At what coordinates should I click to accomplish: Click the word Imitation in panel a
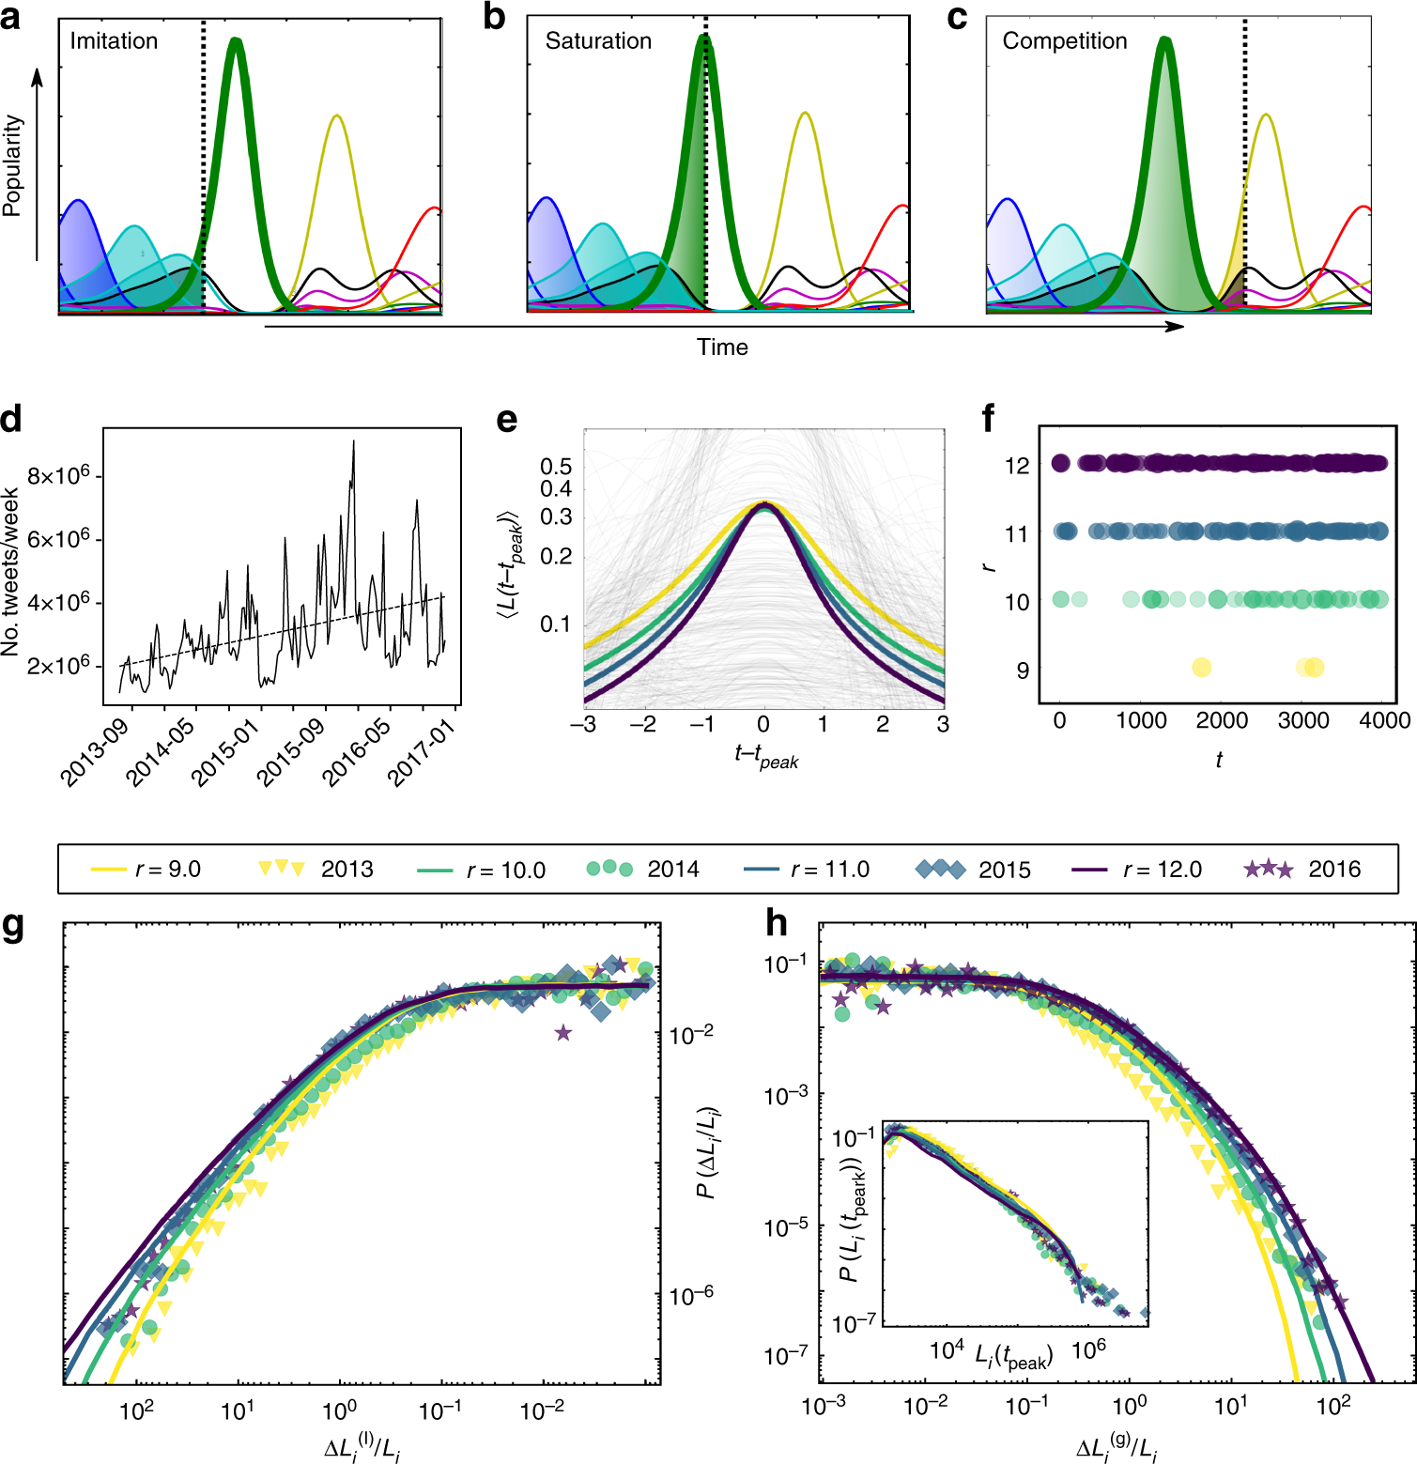pyautogui.click(x=114, y=41)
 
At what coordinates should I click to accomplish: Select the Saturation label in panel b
pyautogui.click(x=598, y=41)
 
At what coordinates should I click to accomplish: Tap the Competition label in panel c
pyautogui.click(x=1064, y=41)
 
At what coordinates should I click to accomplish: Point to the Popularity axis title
pyautogui.click(x=12, y=166)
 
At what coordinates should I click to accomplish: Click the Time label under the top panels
pyautogui.click(x=722, y=347)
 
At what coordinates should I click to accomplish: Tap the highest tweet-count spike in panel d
pyautogui.click(x=353, y=442)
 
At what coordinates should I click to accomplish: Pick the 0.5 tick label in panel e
pyautogui.click(x=556, y=466)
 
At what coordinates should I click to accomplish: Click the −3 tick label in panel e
pyautogui.click(x=583, y=724)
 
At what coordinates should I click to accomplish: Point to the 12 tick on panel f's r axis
pyautogui.click(x=1017, y=466)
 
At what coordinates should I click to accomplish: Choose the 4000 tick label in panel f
pyautogui.click(x=1384, y=720)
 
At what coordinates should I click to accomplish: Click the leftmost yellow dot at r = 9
pyautogui.click(x=1201, y=668)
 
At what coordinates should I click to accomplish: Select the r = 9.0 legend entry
pyautogui.click(x=146, y=870)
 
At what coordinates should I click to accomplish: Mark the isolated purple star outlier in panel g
pyautogui.click(x=562, y=1033)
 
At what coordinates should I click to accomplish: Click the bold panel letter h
pyautogui.click(x=776, y=924)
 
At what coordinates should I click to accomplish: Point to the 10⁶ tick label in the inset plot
pyautogui.click(x=1088, y=1349)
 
